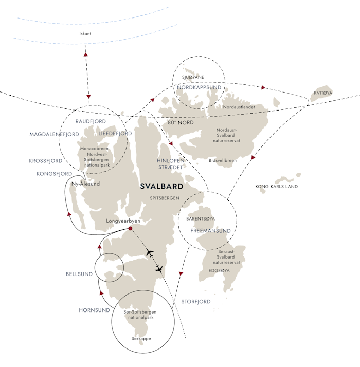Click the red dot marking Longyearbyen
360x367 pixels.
[130, 228]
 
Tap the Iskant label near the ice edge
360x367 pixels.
[85, 34]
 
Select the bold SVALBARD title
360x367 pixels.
[161, 186]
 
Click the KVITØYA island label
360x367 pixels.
[323, 93]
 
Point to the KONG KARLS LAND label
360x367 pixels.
[276, 187]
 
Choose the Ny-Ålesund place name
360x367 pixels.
[86, 183]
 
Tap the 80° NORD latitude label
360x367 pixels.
[181, 123]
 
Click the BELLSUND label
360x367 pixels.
[79, 274]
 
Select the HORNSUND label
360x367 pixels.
[94, 310]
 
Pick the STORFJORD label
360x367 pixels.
[196, 302]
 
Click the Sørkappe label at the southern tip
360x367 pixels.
[141, 339]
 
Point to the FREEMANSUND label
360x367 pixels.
[210, 231]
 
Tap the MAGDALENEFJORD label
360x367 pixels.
[54, 134]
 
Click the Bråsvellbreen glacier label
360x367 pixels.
[223, 160]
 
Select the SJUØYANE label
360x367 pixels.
[193, 77]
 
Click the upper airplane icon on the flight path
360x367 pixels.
[150, 253]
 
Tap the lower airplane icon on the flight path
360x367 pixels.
[159, 269]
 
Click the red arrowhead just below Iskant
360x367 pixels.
[86, 54]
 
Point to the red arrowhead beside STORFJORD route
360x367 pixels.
[181, 273]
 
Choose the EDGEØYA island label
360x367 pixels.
[219, 271]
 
